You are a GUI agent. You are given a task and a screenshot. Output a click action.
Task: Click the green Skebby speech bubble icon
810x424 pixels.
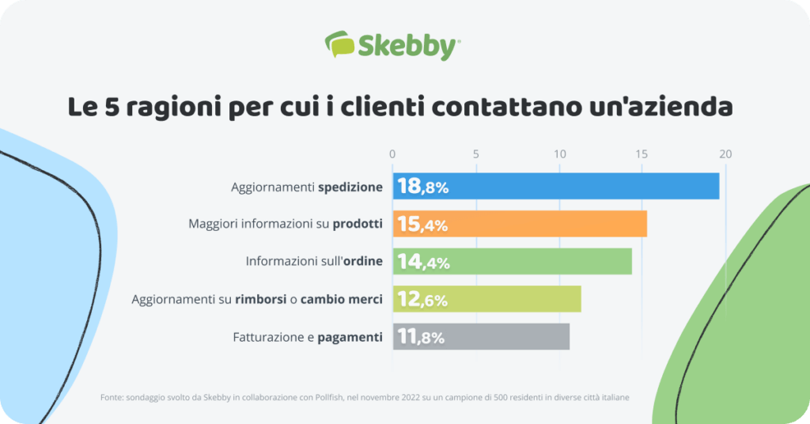point(339,44)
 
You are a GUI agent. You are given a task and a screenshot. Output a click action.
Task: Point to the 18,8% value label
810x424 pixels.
point(422,187)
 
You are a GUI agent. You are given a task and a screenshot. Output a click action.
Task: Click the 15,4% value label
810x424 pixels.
point(422,225)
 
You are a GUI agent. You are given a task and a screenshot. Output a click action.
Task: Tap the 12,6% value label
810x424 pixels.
point(422,300)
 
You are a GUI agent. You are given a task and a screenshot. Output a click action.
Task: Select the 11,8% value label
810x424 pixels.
point(421,337)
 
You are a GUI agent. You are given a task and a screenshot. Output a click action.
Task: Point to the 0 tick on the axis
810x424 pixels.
point(392,154)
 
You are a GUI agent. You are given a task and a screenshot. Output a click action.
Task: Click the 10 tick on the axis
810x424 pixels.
point(559,154)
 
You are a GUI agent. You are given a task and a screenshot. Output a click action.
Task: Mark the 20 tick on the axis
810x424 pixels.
point(725,154)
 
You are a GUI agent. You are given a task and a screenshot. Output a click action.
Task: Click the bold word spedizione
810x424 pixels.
point(350,187)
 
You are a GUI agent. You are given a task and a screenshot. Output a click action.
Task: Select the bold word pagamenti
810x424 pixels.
point(350,338)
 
